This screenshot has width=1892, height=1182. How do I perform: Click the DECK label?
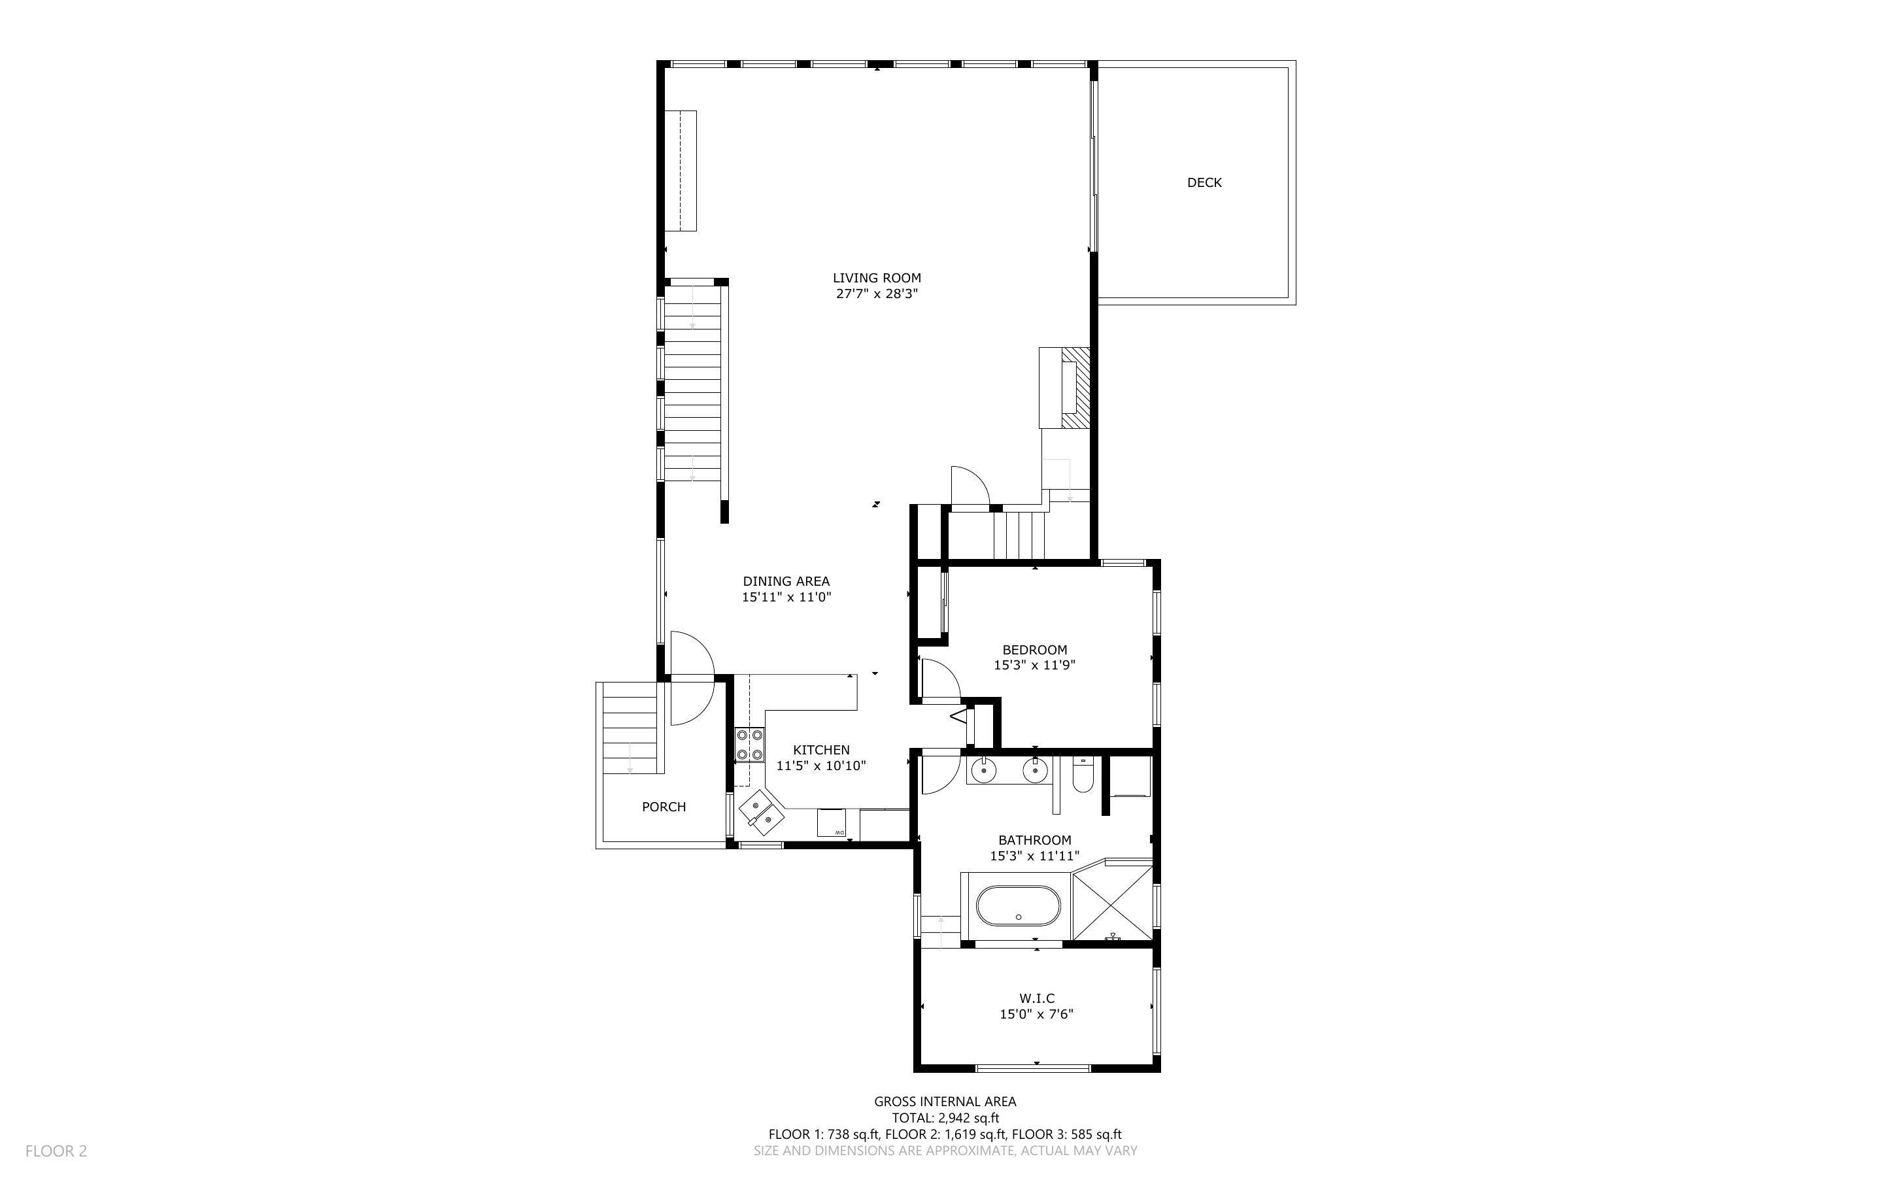(1204, 182)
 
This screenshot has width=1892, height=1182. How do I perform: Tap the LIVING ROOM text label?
(876, 277)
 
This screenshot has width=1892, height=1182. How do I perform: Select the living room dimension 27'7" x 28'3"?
(876, 294)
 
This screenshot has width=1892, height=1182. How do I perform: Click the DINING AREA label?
(785, 581)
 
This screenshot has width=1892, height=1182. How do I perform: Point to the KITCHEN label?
(820, 750)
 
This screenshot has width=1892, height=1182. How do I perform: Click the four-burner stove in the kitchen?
(749, 745)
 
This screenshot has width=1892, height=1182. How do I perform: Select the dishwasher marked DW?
(832, 824)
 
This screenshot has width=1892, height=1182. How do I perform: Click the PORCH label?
(664, 807)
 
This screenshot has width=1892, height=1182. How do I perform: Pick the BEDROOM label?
(1034, 650)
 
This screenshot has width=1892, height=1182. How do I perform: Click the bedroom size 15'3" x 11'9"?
(1034, 666)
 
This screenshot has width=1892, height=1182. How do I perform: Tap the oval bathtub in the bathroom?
(1017, 905)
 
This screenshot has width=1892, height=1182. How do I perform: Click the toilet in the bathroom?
(1083, 776)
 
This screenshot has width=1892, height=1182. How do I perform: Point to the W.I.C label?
(1036, 998)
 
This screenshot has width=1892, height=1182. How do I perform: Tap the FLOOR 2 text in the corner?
(56, 1151)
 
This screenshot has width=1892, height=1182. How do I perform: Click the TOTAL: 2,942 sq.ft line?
(945, 1118)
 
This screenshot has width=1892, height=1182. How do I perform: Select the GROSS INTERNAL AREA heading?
(945, 1102)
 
